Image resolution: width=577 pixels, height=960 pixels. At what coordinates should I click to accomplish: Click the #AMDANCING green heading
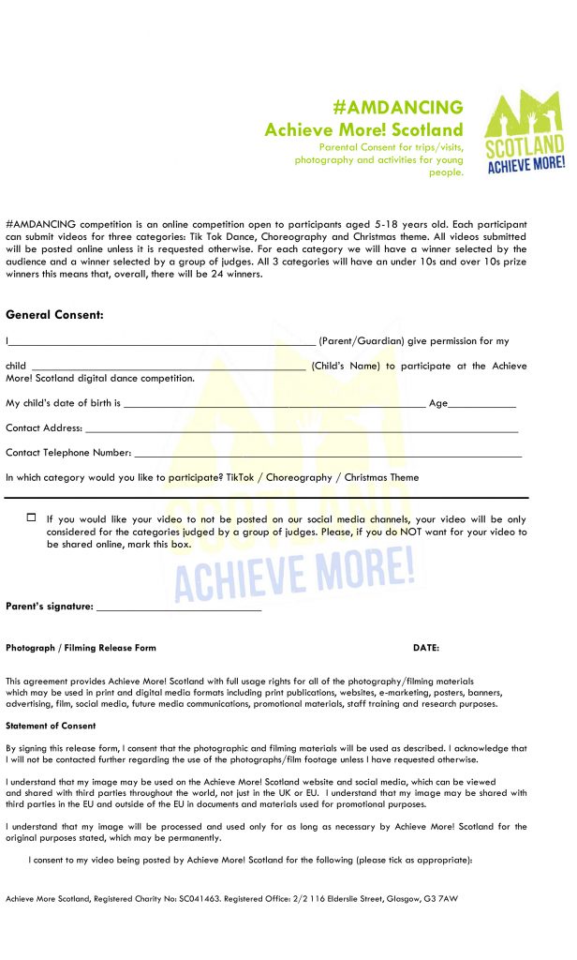point(398,107)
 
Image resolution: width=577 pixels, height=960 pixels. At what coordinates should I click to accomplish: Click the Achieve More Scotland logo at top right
point(525,133)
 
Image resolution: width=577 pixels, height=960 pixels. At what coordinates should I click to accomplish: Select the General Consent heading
point(54,315)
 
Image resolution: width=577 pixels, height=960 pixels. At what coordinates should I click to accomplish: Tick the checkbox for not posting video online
point(31,517)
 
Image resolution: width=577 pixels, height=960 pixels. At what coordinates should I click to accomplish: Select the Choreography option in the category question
point(299,478)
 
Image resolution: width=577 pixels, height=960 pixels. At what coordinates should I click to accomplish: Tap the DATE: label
point(426,649)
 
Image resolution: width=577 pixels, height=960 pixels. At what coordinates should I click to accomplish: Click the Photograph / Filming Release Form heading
point(81,649)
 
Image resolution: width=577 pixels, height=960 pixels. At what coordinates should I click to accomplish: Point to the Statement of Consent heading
point(51,727)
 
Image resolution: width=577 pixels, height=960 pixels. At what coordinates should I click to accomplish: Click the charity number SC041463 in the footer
point(197,899)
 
